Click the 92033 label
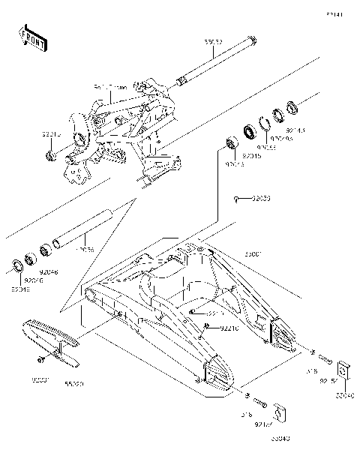point(260,199)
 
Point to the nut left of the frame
point(49,157)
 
